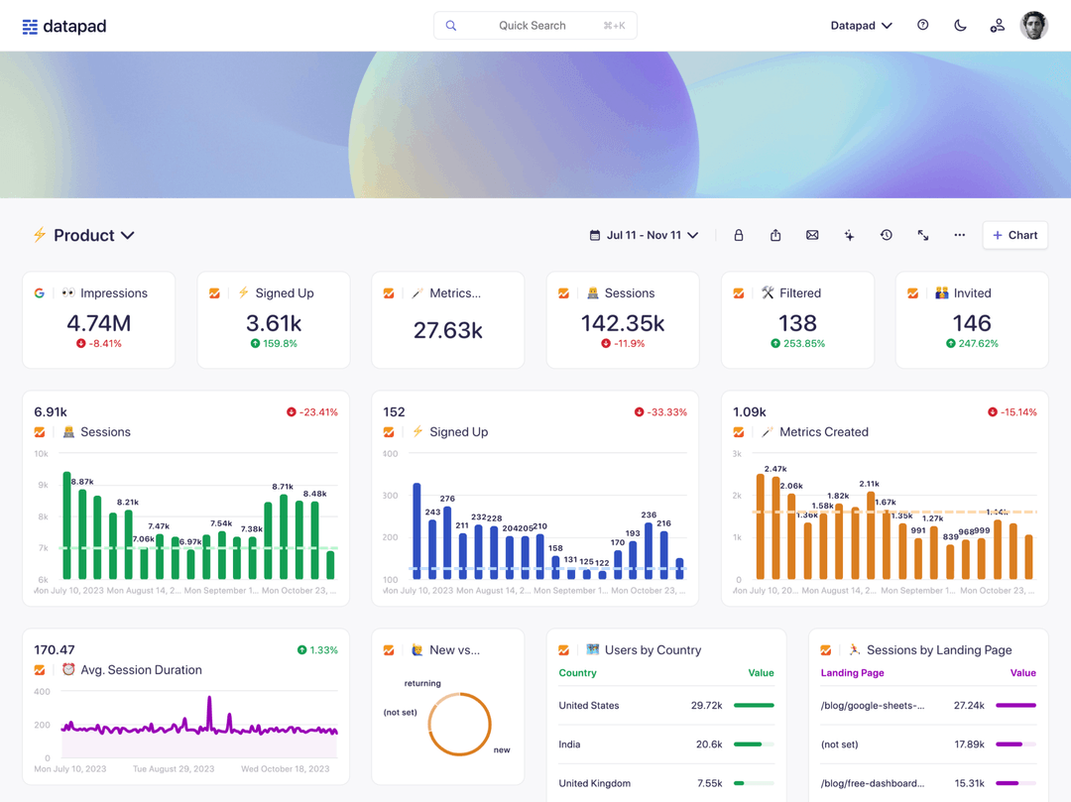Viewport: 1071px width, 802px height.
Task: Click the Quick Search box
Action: pyautogui.click(x=535, y=26)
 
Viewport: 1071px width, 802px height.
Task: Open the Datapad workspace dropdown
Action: pyautogui.click(x=861, y=26)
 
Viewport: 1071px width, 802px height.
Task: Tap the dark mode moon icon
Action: pyautogui.click(x=960, y=26)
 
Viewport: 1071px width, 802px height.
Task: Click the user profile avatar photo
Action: pyautogui.click(x=1033, y=26)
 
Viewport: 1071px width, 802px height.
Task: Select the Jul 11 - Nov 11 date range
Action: pyautogui.click(x=645, y=236)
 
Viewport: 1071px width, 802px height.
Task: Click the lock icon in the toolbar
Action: pyautogui.click(x=738, y=236)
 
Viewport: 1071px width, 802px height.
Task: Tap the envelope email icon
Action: pyautogui.click(x=812, y=236)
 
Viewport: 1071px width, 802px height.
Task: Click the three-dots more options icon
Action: pyautogui.click(x=959, y=236)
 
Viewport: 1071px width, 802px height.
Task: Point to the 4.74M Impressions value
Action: pyautogui.click(x=99, y=323)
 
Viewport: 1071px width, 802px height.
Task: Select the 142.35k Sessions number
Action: pyautogui.click(x=623, y=323)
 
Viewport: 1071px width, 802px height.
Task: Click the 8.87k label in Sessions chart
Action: pyautogui.click(x=82, y=482)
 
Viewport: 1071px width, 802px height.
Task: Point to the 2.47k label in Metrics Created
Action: pyautogui.click(x=775, y=469)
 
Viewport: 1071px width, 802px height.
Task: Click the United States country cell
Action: pyautogui.click(x=589, y=706)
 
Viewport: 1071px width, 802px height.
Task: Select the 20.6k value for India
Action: pyautogui.click(x=708, y=745)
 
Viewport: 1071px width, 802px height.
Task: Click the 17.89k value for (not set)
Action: pyautogui.click(x=969, y=745)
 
